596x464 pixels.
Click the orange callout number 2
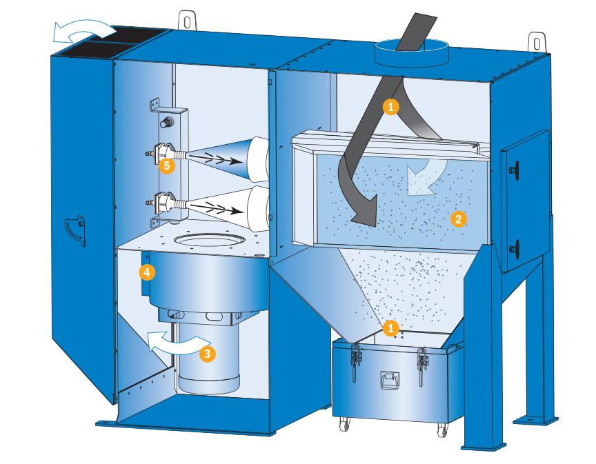[x=458, y=219]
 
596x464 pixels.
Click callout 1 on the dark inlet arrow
[x=391, y=105]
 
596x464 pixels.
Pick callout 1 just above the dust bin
[x=391, y=325]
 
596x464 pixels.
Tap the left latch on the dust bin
[x=356, y=360]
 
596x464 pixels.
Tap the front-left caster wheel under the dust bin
[x=344, y=429]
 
